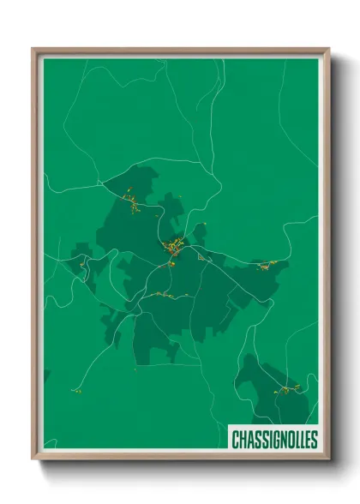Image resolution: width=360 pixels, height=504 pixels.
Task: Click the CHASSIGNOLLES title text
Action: click(x=274, y=440)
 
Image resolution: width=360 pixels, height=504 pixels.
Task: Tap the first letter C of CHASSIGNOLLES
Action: click(x=236, y=440)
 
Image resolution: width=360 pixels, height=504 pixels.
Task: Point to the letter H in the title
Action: click(x=243, y=440)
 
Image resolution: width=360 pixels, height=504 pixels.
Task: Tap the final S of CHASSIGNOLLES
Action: click(x=314, y=440)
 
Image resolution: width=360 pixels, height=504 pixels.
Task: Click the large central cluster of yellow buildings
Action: click(x=176, y=247)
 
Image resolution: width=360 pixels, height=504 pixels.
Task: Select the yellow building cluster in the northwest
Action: click(x=133, y=203)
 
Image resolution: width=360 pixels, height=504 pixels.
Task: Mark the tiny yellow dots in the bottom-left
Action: click(x=75, y=391)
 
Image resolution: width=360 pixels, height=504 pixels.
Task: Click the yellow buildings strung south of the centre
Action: click(x=167, y=295)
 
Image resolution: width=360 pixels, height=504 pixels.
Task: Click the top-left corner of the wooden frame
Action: click(x=33, y=49)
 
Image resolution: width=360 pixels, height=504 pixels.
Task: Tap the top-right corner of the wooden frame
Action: click(x=328, y=49)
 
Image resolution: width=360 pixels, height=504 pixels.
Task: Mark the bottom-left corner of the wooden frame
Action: click(x=33, y=459)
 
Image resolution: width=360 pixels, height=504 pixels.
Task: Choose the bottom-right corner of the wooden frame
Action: click(x=328, y=459)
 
